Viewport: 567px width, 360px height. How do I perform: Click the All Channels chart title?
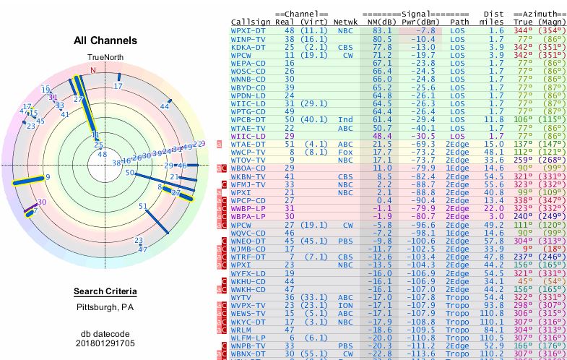coord(105,41)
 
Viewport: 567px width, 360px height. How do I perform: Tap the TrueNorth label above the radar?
coord(105,57)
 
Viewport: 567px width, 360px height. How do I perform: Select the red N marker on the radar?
coord(93,70)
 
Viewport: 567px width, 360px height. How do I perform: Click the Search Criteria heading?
coord(105,292)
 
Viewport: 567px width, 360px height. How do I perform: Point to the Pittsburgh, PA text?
coord(105,307)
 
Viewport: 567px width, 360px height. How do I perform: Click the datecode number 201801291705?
coord(105,343)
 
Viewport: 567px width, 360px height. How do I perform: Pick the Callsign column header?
coord(251,22)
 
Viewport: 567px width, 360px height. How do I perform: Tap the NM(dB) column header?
coord(377,22)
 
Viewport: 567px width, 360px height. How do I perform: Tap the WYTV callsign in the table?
coord(241,296)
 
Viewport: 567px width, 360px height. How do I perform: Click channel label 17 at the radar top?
coord(118,86)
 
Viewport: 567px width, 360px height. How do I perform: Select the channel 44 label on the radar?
coord(165,106)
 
